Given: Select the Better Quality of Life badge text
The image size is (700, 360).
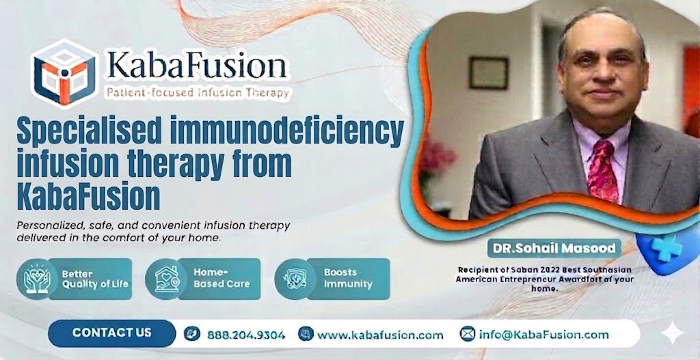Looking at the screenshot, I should (95, 279).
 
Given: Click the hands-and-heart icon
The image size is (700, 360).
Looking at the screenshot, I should (36, 279).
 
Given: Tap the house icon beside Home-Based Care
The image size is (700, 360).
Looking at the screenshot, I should (166, 279).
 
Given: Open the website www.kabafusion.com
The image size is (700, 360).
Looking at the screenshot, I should (380, 335).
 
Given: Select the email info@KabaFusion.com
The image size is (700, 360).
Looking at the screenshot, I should (543, 335).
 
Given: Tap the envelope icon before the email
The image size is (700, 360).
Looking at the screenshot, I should (468, 335).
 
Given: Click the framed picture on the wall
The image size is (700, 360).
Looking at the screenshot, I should (488, 73).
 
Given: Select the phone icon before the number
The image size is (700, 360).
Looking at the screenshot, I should (192, 335).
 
